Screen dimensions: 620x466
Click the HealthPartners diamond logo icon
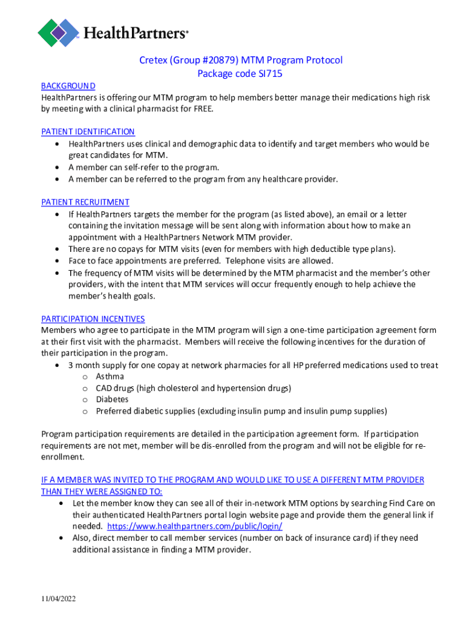pyautogui.click(x=59, y=32)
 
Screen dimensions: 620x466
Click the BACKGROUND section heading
pyautogui.click(x=68, y=86)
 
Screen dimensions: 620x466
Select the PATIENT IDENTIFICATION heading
pyautogui.click(x=88, y=131)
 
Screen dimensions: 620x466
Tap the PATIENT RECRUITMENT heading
pyautogui.click(x=85, y=202)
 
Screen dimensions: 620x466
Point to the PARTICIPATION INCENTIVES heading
pyautogui.click(x=93, y=318)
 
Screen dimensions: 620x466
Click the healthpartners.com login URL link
pyautogui.click(x=194, y=526)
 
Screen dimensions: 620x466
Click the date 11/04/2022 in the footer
pyautogui.click(x=59, y=599)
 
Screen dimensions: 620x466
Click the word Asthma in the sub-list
pyautogui.click(x=110, y=377)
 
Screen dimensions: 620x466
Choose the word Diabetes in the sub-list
pyautogui.click(x=112, y=400)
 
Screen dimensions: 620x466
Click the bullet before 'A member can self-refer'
pyautogui.click(x=57, y=168)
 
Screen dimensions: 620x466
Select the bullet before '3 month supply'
pyautogui.click(x=57, y=366)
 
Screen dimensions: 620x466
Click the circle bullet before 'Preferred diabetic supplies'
pyautogui.click(x=85, y=412)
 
